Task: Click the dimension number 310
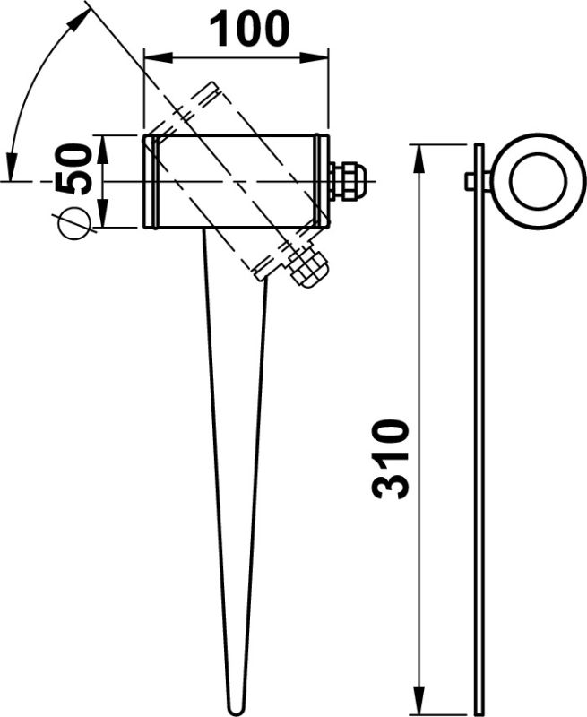[x=392, y=458]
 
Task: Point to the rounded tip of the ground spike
[x=236, y=707]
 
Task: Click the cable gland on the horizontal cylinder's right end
[x=348, y=180]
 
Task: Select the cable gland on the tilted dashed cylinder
[x=307, y=267]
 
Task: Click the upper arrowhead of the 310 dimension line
[x=418, y=153]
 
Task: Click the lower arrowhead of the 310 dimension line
[x=418, y=704]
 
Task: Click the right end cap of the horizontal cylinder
[x=321, y=181]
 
